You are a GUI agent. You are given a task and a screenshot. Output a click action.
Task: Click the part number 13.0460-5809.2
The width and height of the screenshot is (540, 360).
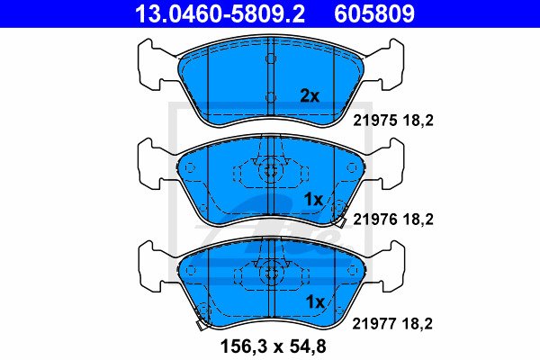[220, 14]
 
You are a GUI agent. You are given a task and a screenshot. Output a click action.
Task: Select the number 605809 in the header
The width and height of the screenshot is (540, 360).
[374, 14]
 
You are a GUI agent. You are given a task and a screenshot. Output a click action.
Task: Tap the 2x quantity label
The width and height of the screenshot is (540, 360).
[310, 96]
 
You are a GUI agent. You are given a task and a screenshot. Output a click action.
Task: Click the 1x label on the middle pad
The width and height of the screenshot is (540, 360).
[313, 199]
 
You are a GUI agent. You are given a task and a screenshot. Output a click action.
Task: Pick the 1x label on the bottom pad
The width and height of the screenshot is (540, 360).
[315, 302]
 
